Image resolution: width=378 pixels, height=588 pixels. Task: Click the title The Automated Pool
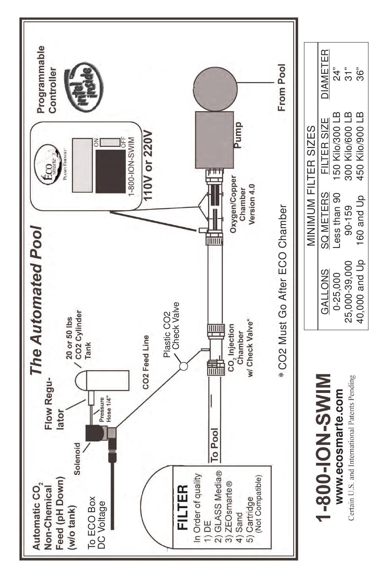point(36,300)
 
